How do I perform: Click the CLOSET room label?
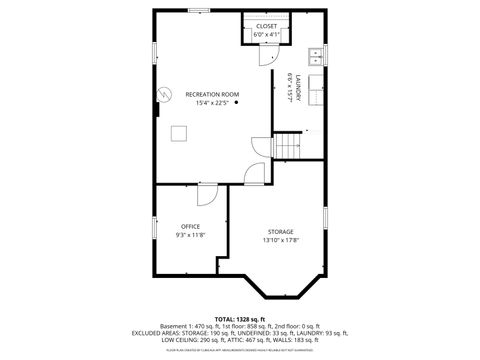(266, 26)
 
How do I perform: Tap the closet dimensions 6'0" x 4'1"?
(266, 34)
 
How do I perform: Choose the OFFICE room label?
(190, 226)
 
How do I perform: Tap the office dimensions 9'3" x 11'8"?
(190, 235)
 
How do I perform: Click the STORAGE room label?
(280, 231)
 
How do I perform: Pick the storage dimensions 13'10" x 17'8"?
(280, 240)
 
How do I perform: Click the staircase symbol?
(288, 146)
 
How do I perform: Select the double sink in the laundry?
(315, 55)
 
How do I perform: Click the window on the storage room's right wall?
(326, 218)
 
